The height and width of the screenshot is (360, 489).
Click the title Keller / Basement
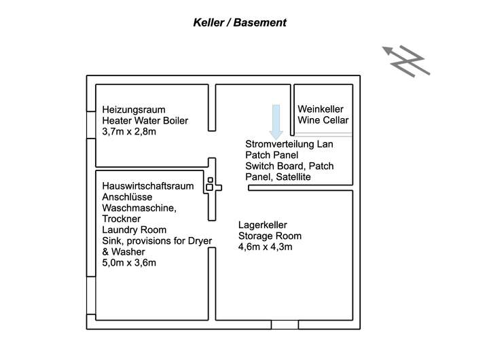(240, 22)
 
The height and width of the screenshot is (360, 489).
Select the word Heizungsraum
(134, 109)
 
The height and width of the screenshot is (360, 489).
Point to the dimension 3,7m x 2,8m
(129, 132)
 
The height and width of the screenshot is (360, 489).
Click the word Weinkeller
(321, 109)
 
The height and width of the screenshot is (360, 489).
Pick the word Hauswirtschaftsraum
(147, 186)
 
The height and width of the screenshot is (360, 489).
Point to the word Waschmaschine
(134, 208)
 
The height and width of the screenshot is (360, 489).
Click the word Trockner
(121, 219)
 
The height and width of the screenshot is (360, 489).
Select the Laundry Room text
(134, 230)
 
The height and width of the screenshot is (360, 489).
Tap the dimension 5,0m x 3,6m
(129, 262)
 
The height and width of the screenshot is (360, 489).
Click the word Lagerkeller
(262, 225)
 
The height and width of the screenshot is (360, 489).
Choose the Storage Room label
(270, 236)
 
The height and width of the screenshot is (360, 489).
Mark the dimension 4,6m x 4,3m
(265, 247)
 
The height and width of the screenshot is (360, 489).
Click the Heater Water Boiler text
(145, 121)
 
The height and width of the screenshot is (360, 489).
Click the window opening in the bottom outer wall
(285, 325)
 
